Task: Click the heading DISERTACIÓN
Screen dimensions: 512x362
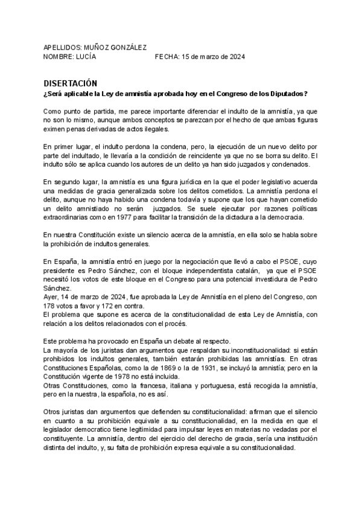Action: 71,83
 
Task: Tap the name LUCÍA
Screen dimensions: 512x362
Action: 83,56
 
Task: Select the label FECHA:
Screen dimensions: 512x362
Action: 167,56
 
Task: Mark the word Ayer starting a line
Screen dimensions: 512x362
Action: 51,296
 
